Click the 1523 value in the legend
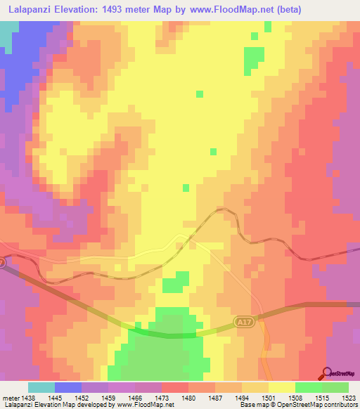tap(340, 398)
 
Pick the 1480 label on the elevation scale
tap(188, 398)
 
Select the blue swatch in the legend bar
tap(68, 387)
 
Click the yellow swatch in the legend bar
tap(282, 387)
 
